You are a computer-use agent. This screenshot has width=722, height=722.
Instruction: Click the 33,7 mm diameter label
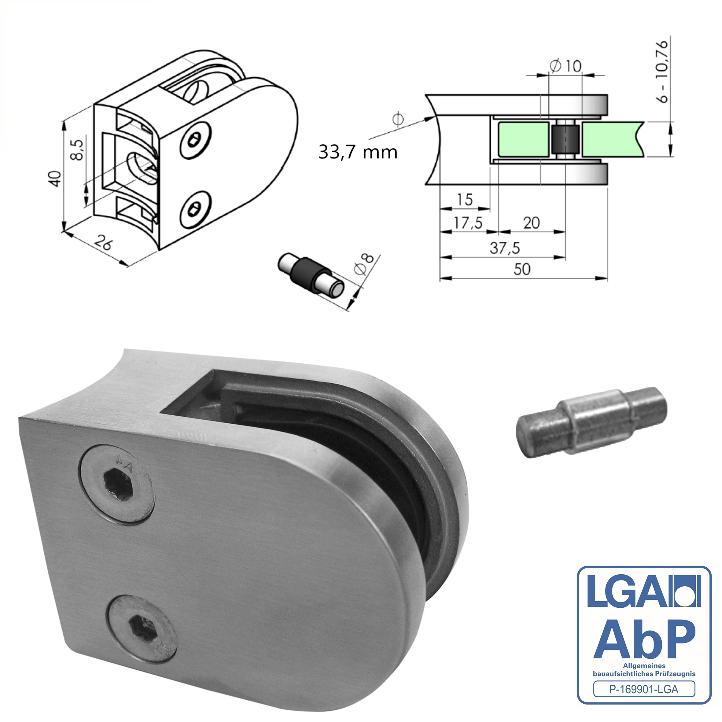point(358,152)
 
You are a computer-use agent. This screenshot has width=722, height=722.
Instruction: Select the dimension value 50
point(522,269)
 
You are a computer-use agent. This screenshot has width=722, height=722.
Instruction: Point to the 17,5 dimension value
point(468,223)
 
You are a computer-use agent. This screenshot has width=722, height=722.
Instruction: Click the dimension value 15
point(465,200)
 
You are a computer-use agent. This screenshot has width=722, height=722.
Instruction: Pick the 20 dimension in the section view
point(531,223)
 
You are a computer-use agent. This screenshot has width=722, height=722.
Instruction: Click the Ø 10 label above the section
point(566,66)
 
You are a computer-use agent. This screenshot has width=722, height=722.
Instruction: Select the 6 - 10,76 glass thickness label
point(662,72)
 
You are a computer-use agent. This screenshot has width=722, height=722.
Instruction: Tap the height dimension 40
point(55,179)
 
